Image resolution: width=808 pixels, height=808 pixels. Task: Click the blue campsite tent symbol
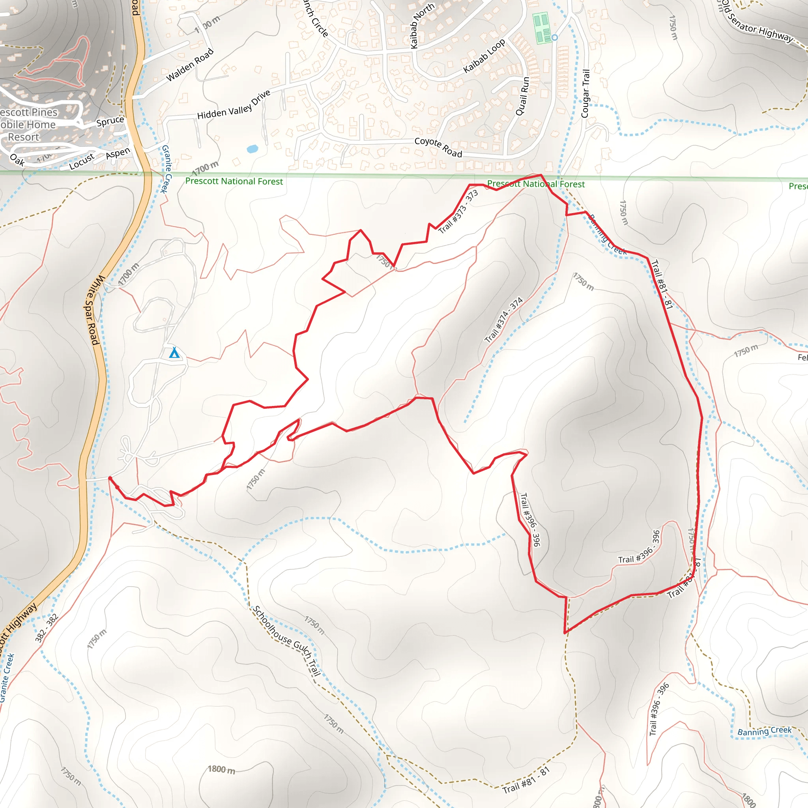coord(174,353)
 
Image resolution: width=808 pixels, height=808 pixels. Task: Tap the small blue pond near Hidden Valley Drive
coord(252,149)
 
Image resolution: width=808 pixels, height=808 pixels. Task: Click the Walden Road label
coord(190,65)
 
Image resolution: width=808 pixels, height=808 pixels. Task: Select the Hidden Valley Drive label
coord(234,105)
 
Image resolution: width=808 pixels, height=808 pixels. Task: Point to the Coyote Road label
coord(438,147)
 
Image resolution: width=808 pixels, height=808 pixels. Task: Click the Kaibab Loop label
coord(484,56)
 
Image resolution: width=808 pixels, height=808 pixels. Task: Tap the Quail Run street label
coord(522,96)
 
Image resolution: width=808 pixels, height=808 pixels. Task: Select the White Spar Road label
coord(92,310)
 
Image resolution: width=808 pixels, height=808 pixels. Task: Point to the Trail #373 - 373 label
coord(458,211)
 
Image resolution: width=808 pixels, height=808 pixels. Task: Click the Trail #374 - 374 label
coord(504,320)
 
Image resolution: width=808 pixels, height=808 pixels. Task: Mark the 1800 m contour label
coord(221,769)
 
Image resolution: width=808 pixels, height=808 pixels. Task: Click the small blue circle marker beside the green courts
coord(555,37)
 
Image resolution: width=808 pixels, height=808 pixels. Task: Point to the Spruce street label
coord(110,121)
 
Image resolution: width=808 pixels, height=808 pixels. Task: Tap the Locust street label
coord(82,161)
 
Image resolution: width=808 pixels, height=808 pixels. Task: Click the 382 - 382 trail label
coord(47,628)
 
